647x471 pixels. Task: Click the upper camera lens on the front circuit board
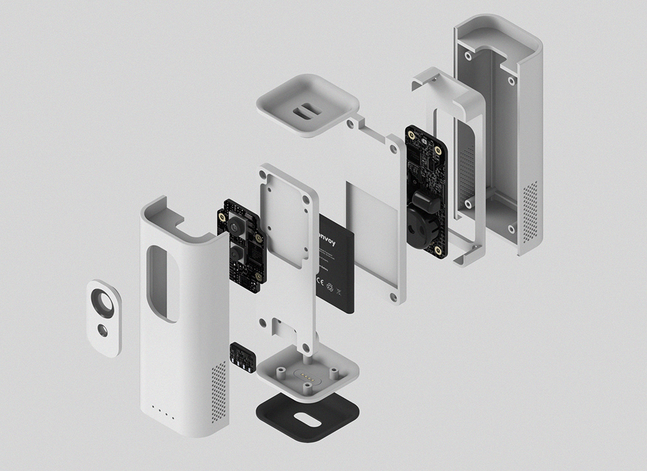click(236, 227)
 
